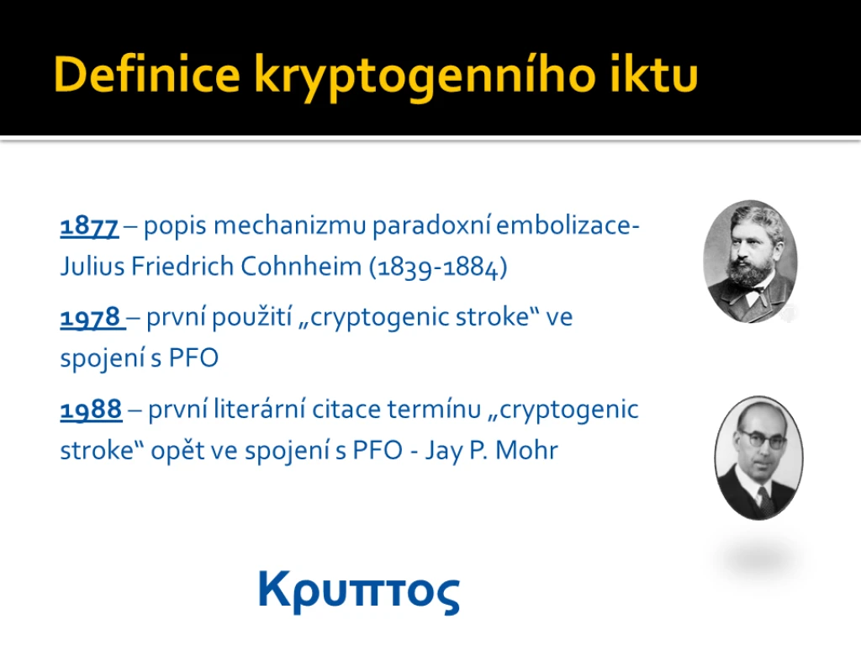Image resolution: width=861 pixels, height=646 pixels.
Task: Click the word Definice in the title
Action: (147, 74)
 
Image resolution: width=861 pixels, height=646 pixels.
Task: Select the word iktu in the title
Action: (653, 74)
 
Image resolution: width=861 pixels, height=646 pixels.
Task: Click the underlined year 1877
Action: (89, 226)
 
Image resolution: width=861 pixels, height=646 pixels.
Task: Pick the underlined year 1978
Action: (90, 317)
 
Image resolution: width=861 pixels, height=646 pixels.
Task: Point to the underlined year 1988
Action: (91, 410)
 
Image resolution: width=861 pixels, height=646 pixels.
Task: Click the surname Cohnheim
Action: (301, 266)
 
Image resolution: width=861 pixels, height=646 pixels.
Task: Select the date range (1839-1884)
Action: (438, 267)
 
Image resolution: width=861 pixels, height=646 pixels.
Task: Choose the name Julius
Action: (92, 266)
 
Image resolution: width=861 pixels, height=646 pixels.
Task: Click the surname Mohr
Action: (526, 450)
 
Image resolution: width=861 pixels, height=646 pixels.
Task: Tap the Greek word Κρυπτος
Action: (358, 592)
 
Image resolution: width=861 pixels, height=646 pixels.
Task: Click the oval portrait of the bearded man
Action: (751, 261)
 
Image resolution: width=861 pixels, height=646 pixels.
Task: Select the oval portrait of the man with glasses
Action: (759, 458)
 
